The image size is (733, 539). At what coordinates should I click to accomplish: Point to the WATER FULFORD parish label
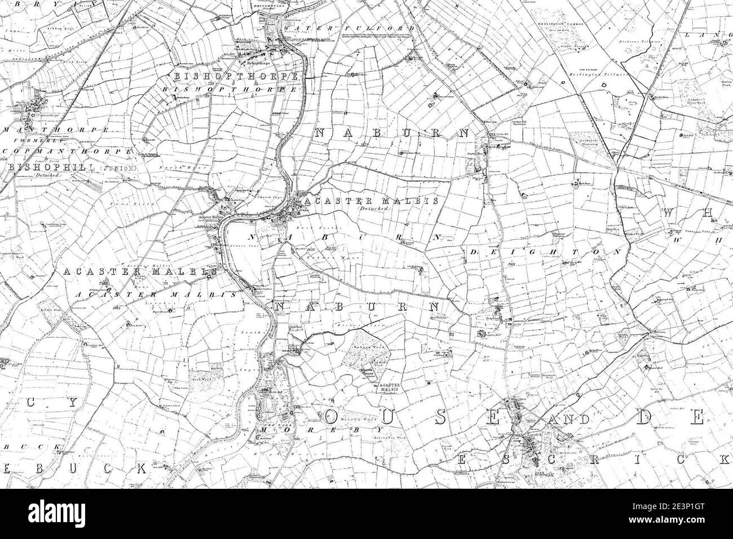pyautogui.click(x=350, y=28)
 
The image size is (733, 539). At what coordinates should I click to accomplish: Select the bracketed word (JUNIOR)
pyautogui.click(x=116, y=168)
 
